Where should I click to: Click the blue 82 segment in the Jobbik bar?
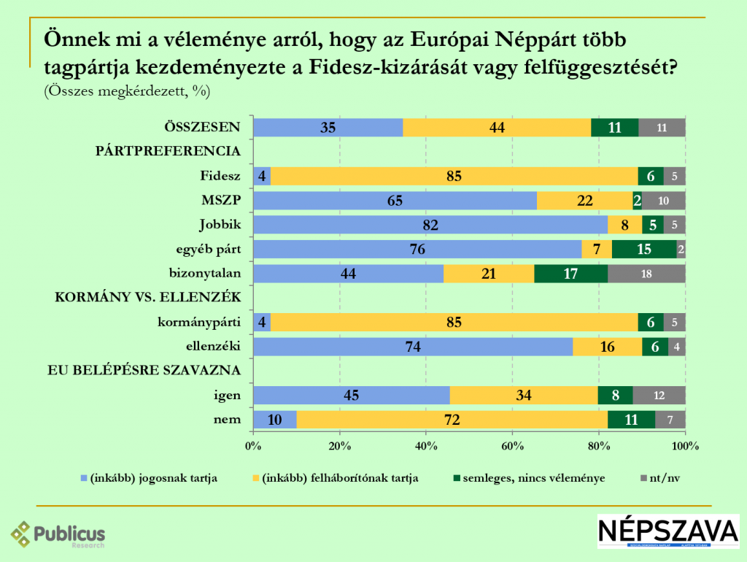[430, 225]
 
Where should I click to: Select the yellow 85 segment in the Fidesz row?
[454, 176]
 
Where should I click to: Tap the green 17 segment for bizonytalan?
[570, 274]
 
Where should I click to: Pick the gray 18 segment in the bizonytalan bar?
[646, 274]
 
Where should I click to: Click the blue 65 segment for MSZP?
[395, 201]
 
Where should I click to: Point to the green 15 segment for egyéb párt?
[644, 250]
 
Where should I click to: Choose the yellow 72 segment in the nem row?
[452, 420]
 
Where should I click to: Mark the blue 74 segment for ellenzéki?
[412, 347]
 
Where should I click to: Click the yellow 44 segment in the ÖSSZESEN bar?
[497, 127]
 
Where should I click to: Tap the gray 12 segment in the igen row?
[659, 396]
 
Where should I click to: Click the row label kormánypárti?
[199, 322]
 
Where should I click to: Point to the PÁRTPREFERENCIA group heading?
[169, 151]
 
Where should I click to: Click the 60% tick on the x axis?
[512, 446]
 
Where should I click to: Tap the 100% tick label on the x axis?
[685, 446]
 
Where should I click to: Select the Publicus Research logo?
[58, 534]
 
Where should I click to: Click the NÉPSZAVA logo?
[667, 531]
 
